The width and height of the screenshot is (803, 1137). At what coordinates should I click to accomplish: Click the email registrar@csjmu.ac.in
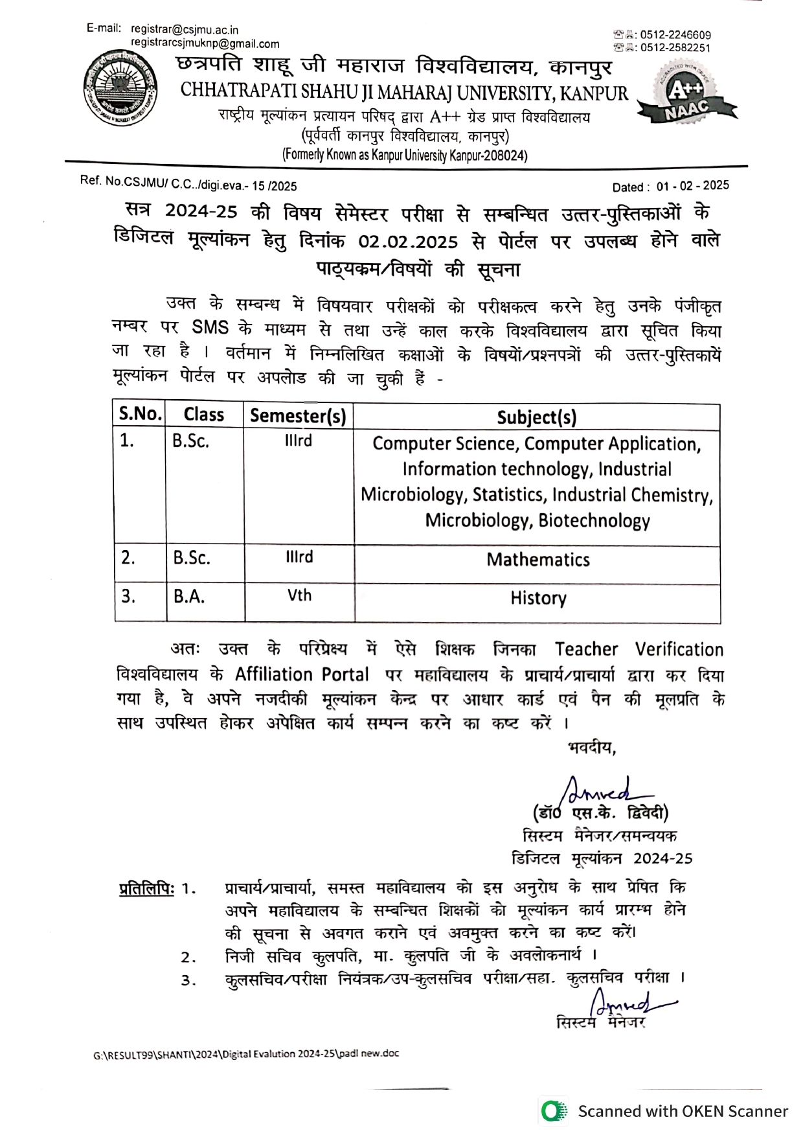tap(185, 30)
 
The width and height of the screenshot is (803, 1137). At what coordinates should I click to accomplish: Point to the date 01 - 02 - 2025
tap(692, 186)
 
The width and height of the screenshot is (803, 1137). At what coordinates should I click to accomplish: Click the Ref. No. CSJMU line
tap(188, 184)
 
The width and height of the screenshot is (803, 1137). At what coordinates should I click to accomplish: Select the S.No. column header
tap(139, 414)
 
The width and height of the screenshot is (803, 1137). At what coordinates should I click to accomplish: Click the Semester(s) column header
tap(298, 415)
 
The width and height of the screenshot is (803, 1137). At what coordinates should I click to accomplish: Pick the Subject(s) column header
tap(536, 417)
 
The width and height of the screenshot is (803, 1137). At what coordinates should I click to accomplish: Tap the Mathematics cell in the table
tap(538, 560)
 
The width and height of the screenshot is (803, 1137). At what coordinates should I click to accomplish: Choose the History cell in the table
tap(538, 598)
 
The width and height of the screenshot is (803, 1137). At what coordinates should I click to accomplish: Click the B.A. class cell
tap(189, 597)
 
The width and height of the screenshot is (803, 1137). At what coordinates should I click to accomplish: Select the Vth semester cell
tap(299, 595)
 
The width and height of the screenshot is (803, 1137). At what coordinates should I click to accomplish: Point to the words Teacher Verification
tap(639, 649)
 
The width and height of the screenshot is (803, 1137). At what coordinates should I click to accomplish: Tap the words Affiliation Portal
tap(302, 674)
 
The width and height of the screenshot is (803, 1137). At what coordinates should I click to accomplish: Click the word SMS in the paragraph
tap(210, 327)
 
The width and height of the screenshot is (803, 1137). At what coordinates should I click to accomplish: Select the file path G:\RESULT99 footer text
tap(246, 1053)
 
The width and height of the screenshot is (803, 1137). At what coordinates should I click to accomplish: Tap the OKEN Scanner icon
tap(552, 1111)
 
